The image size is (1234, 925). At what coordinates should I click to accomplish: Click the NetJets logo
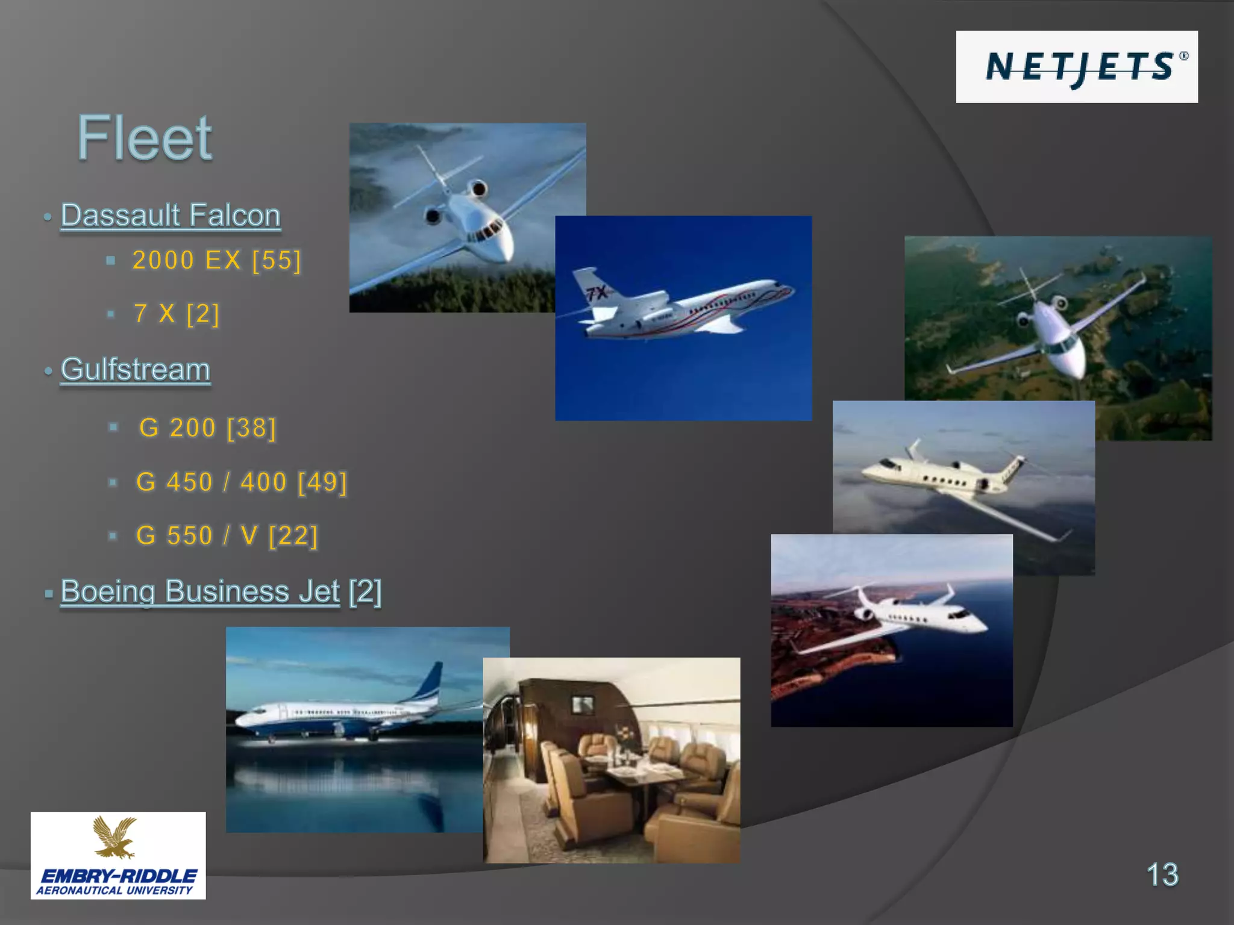click(1076, 67)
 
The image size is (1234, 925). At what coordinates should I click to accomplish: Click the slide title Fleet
click(145, 139)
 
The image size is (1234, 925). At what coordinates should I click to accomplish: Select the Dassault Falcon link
click(171, 216)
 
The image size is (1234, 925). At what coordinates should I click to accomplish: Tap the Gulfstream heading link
click(136, 369)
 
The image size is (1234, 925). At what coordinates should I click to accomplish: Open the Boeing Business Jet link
click(200, 591)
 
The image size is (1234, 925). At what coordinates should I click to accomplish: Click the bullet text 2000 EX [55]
click(216, 261)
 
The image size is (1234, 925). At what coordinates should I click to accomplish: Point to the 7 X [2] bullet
click(177, 314)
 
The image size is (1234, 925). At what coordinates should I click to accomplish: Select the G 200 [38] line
click(207, 428)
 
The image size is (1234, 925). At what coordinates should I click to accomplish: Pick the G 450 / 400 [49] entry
click(242, 482)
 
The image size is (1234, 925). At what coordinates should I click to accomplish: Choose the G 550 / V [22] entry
click(227, 536)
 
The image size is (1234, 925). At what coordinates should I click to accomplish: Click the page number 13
click(1162, 874)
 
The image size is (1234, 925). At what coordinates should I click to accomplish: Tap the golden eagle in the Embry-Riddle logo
click(114, 836)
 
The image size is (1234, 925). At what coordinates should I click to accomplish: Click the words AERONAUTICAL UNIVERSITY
click(114, 891)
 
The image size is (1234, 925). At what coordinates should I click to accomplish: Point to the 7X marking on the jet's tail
click(598, 293)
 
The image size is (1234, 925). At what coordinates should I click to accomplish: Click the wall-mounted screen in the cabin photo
click(583, 703)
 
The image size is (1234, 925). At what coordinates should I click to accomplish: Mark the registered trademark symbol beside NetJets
click(1184, 56)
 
